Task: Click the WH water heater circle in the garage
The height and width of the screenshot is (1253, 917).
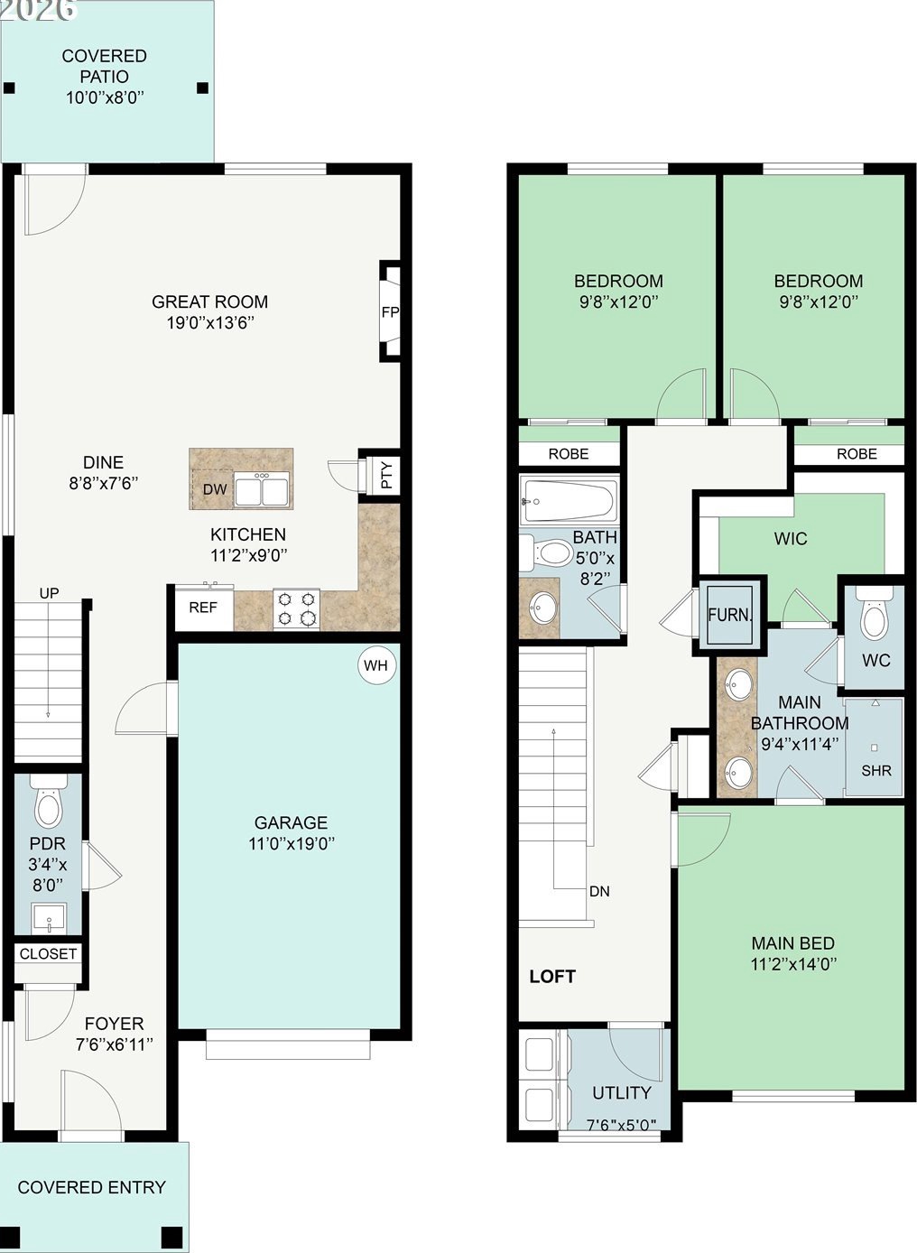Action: coord(376,665)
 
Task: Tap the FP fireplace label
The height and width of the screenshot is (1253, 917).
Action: coord(390,312)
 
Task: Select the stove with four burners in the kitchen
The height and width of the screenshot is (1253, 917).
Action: coord(296,609)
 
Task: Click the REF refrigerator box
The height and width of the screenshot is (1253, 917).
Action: coord(204,608)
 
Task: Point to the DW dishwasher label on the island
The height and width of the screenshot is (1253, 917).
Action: coord(215,489)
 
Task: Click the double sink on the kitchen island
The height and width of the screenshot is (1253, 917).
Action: coord(262,490)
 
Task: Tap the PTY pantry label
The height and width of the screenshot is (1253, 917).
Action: coord(387,474)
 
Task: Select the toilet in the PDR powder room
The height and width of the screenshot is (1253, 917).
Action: coord(49,802)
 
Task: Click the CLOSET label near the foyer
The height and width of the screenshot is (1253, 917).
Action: coord(48,953)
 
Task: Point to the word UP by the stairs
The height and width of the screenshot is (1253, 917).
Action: coord(50,593)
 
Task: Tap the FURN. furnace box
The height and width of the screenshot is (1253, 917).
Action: coord(730,616)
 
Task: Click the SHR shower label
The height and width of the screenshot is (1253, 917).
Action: coord(876,771)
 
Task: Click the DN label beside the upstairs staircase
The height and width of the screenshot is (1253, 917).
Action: coord(600,892)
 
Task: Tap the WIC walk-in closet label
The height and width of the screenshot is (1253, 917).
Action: coord(791,539)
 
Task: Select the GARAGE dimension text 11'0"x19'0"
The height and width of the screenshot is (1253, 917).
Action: coord(292,843)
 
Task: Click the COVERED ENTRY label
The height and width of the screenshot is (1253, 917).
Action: coord(92,1188)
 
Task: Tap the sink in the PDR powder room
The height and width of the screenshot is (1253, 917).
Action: coord(50,918)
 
